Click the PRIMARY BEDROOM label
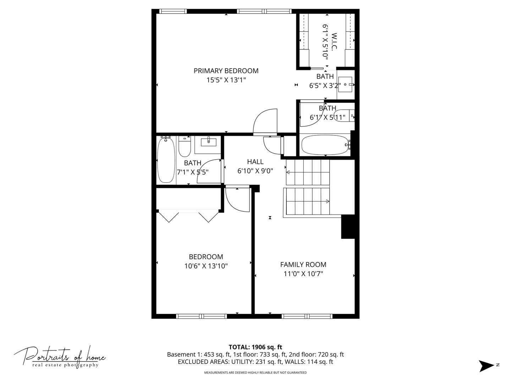point(226,71)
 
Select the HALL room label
point(255,162)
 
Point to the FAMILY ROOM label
point(303,265)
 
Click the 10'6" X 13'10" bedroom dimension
point(206,266)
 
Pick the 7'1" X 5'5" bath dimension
point(193,172)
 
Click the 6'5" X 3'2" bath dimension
point(325,85)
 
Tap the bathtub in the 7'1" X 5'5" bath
point(166,160)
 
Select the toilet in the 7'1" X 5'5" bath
point(185,147)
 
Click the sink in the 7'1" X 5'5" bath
point(209,142)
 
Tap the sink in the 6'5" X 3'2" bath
point(345,85)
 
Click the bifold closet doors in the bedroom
point(188,216)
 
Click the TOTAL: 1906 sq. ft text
point(255,347)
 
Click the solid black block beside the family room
point(348,227)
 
